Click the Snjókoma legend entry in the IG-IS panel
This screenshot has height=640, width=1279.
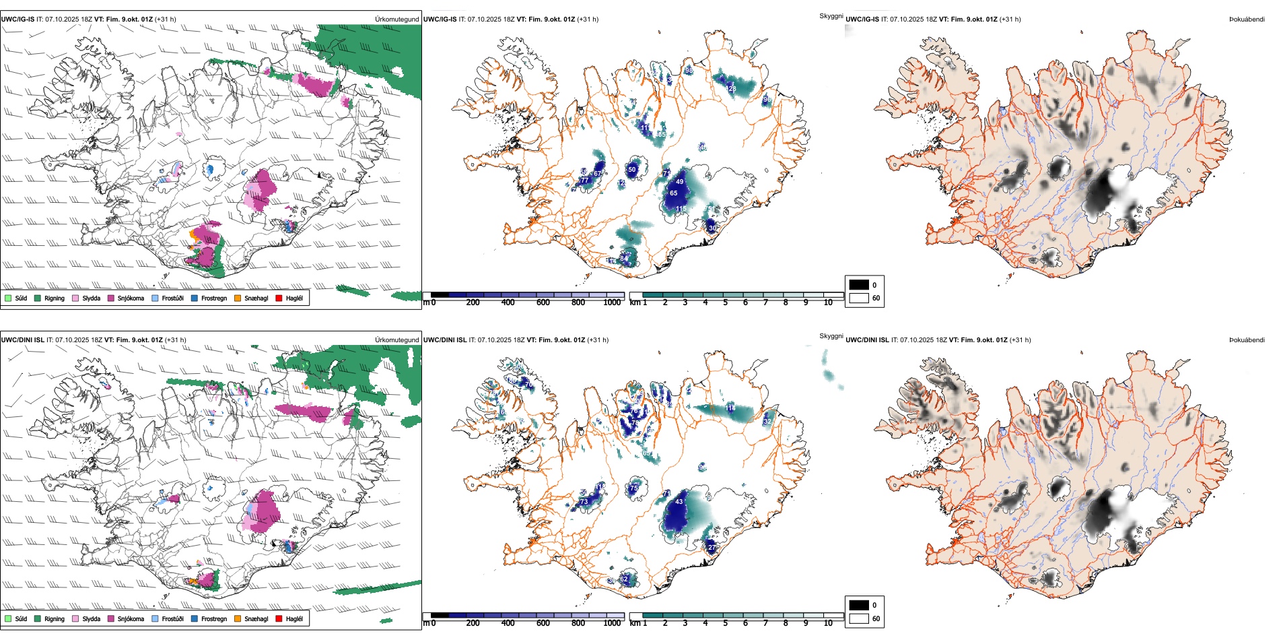(x=131, y=298)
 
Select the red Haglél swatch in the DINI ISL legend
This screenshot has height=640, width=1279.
(x=279, y=618)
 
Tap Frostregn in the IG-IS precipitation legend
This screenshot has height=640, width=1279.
(x=213, y=298)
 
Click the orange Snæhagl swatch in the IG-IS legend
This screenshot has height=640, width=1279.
(x=238, y=298)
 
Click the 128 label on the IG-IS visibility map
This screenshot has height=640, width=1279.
(x=731, y=88)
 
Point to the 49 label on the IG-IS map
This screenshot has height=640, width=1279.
(x=679, y=182)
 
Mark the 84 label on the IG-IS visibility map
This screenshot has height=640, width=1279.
(x=623, y=257)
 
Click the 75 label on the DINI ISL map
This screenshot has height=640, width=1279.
(x=633, y=488)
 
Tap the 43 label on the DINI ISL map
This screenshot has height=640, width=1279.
(x=679, y=502)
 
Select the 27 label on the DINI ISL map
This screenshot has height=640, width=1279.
(x=712, y=548)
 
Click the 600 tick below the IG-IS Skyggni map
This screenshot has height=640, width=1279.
(x=543, y=302)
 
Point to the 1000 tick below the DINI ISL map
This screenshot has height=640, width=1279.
(x=612, y=623)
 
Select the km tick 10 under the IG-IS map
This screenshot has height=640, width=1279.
(x=828, y=302)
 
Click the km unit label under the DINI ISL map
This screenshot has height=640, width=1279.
(x=634, y=623)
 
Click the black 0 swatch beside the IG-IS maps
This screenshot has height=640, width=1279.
(x=859, y=285)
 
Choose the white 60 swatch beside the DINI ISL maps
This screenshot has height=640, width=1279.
(x=859, y=618)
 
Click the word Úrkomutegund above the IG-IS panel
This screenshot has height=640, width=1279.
(x=396, y=20)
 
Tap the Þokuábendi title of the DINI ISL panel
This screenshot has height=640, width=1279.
(x=1247, y=340)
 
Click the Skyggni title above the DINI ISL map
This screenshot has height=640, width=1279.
(x=831, y=336)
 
